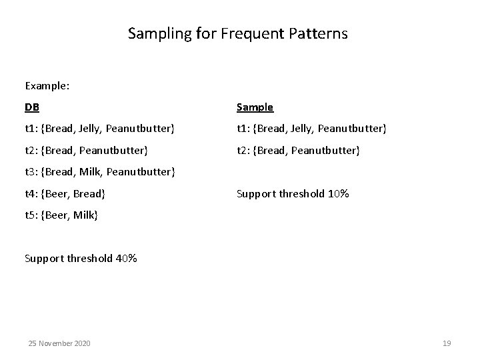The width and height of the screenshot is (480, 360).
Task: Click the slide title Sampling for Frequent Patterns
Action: coord(238,33)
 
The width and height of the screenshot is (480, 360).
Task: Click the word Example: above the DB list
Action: coord(48,86)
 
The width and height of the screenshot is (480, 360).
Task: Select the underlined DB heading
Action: coord(32,107)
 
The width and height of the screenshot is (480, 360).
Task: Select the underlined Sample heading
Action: coord(255,107)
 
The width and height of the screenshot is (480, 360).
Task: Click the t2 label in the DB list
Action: coord(31,151)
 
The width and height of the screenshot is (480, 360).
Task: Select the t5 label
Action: coord(31,216)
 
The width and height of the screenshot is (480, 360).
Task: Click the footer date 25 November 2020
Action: coord(59,343)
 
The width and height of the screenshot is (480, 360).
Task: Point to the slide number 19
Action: coord(447,343)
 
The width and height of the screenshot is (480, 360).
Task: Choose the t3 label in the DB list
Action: coord(31,173)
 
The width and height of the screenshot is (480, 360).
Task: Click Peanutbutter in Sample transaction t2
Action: coord(326,151)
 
